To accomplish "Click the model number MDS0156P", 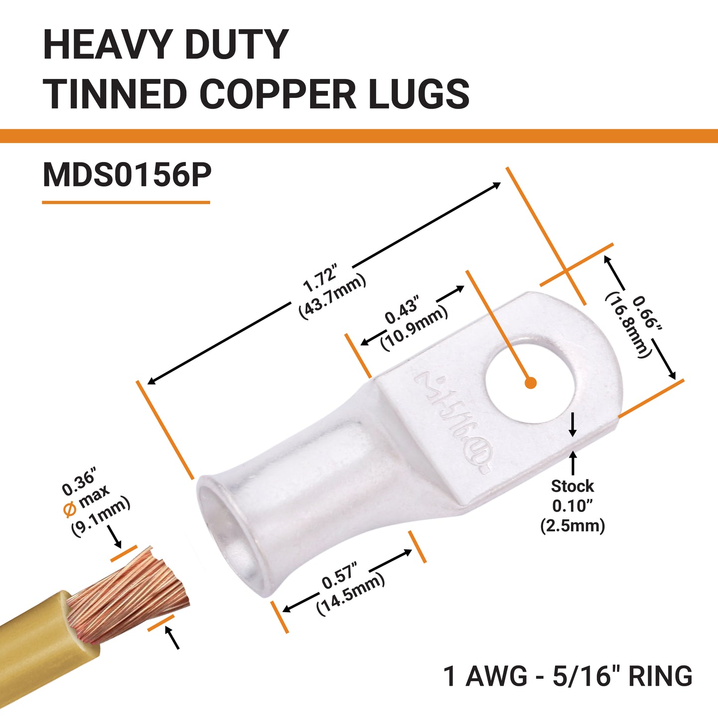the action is (x=127, y=175).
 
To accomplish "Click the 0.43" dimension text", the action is (x=403, y=312).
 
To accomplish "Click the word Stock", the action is (x=572, y=486).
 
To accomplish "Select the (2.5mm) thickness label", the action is (x=573, y=526).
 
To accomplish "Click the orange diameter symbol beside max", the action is (x=70, y=510).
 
